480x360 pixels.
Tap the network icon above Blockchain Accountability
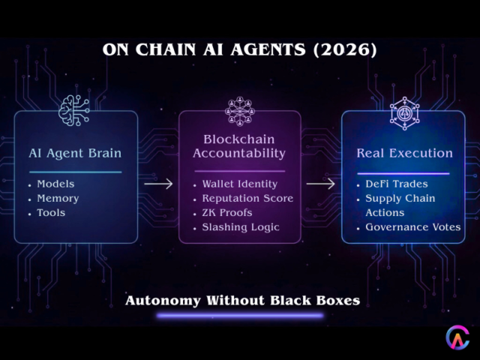[x=239, y=110]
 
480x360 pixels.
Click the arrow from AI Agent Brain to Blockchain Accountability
[x=158, y=182]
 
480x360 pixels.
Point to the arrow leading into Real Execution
[x=321, y=182]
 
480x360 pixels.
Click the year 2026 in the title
[x=345, y=50]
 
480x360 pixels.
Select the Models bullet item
[x=55, y=184]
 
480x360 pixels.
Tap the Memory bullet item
[x=58, y=198]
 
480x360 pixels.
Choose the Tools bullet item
[x=51, y=212]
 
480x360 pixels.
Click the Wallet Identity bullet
[x=239, y=184]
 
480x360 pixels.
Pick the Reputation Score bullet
[x=247, y=198]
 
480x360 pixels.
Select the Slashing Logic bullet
[x=240, y=226]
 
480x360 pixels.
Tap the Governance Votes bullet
[x=412, y=226]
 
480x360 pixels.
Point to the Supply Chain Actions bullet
[x=400, y=205]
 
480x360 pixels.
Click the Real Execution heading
[x=404, y=153]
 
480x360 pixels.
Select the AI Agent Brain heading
[x=74, y=153]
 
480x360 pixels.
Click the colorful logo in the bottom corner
[x=457, y=337]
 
